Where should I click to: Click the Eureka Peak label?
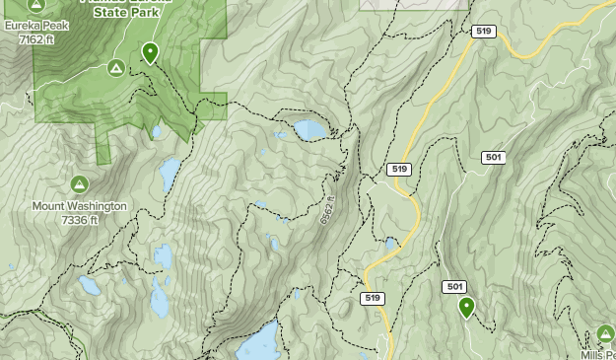(35, 26)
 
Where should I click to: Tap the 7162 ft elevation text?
(35, 39)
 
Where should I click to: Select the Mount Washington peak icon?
(79, 184)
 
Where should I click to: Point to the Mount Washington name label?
(79, 206)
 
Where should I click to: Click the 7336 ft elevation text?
(79, 220)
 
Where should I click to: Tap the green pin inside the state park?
(150, 52)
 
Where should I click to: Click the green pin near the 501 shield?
(466, 308)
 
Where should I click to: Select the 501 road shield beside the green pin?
(454, 287)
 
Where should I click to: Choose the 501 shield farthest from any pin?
(494, 158)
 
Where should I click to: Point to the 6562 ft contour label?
(329, 208)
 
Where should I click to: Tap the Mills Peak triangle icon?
(605, 335)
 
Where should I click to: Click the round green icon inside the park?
(115, 68)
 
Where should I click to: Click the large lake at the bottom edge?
(259, 342)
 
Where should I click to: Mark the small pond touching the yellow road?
(391, 242)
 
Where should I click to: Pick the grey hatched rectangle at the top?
(414, 4)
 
